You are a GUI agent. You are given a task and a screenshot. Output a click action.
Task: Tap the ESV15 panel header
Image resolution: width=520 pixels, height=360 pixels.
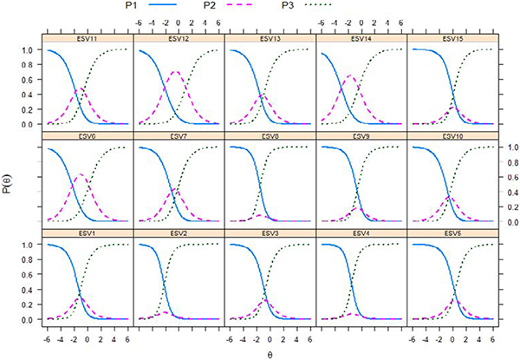pos(452,37)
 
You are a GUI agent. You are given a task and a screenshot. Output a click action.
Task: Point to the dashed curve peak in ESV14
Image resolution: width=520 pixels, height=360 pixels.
pos(349,76)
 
